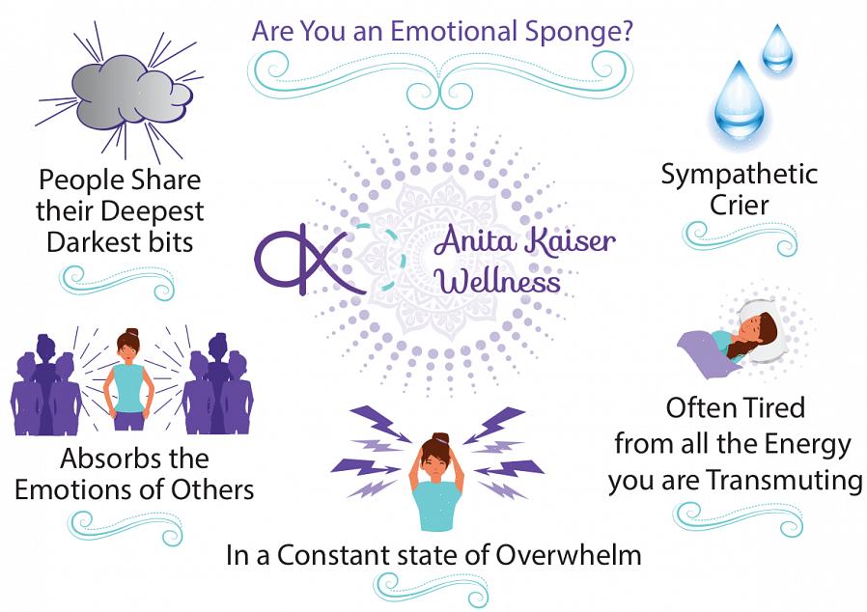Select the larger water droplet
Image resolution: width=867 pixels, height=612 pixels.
point(739,103)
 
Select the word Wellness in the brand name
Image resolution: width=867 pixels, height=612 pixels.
point(499,282)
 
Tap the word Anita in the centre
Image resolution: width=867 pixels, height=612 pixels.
point(477,241)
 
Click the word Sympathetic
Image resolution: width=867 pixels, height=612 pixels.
point(740,176)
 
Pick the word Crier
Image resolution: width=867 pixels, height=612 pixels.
point(740,205)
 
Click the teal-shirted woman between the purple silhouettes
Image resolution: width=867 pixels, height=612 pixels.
point(128,379)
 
